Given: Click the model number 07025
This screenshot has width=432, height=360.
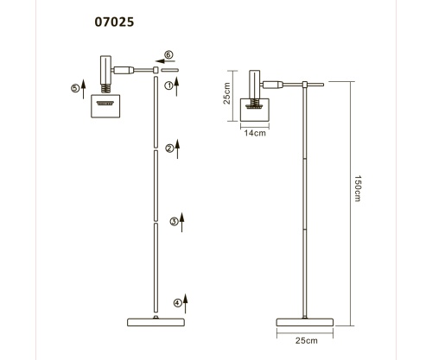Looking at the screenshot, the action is click(x=114, y=22).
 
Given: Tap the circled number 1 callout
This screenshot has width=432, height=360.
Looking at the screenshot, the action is click(x=168, y=85).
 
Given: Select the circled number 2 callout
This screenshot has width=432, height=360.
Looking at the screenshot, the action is click(x=169, y=148).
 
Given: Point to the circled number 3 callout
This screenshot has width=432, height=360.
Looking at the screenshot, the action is click(x=174, y=222).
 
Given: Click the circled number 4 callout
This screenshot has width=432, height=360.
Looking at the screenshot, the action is click(x=177, y=303).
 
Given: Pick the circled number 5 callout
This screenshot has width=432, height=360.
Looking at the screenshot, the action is click(x=75, y=88).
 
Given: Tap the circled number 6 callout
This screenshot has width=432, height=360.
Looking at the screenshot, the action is click(x=168, y=54).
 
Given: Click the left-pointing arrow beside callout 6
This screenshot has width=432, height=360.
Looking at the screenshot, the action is click(x=165, y=61).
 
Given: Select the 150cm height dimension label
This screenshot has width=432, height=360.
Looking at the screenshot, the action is click(x=358, y=188).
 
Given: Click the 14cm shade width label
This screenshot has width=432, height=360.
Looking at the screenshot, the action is click(x=255, y=133).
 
